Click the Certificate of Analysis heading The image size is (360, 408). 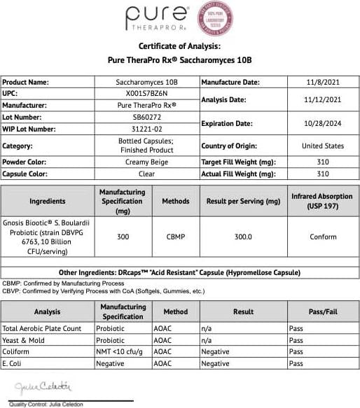click(x=181, y=46)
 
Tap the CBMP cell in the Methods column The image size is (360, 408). click(x=175, y=237)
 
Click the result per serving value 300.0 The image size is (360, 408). click(x=244, y=237)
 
